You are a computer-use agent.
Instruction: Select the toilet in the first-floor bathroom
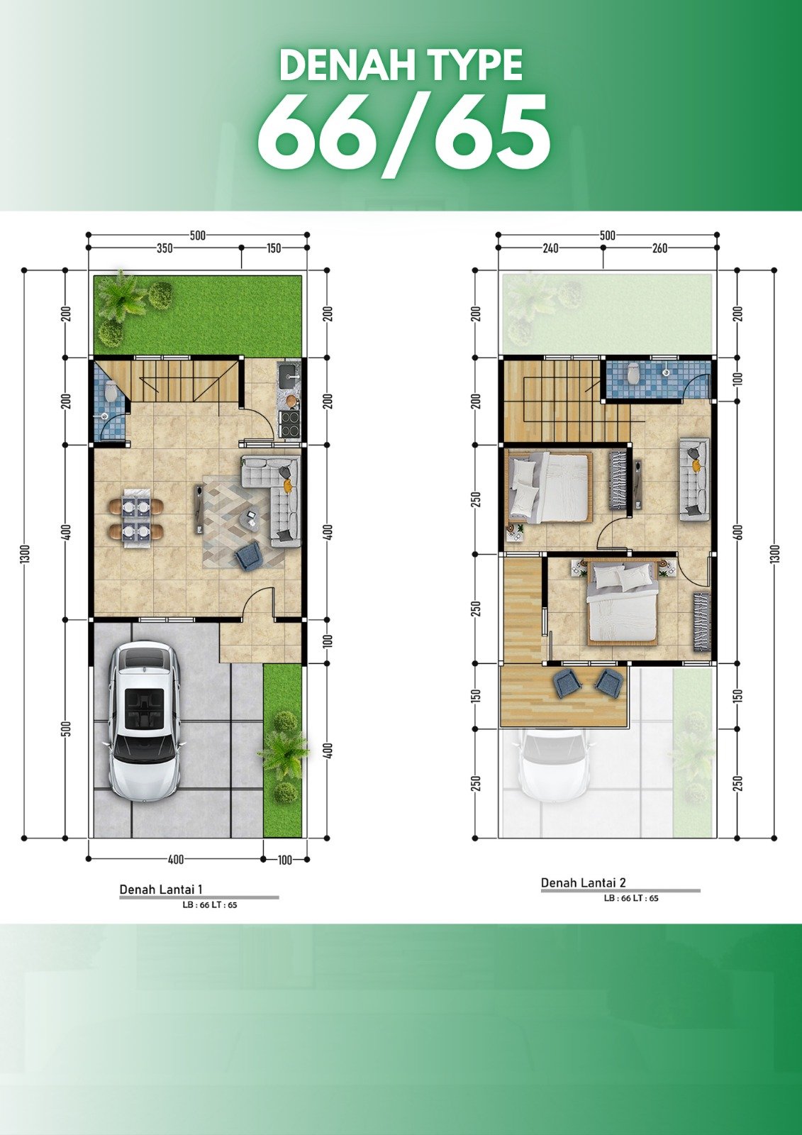coord(111,391)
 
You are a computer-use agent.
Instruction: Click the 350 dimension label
coord(164,248)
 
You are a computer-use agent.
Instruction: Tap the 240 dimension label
coord(550,248)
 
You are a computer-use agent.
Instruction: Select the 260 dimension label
coord(659,248)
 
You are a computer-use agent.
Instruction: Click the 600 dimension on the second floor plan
coord(737,531)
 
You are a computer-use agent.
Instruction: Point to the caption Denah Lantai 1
coord(161,890)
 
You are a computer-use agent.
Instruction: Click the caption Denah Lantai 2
coord(583,882)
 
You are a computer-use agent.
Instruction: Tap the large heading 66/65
coord(403,135)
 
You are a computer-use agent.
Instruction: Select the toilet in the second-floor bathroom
coord(633,373)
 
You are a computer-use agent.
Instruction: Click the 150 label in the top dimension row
coord(274,248)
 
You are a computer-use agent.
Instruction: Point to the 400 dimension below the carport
coord(175,859)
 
